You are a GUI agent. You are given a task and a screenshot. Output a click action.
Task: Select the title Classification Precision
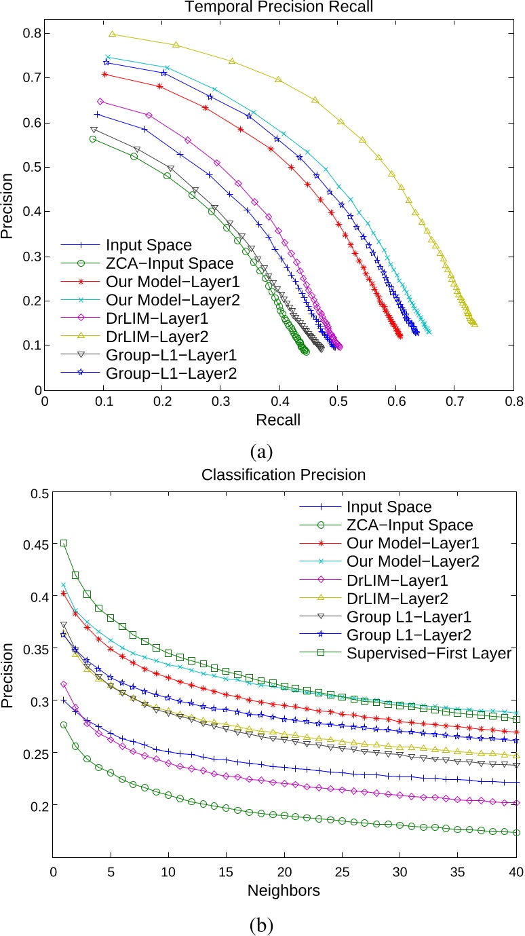point(284,475)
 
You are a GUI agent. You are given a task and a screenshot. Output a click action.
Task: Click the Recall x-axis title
point(277,420)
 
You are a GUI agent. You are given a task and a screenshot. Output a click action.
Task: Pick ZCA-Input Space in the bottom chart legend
point(409,525)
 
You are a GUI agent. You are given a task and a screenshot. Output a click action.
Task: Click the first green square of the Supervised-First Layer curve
point(64,543)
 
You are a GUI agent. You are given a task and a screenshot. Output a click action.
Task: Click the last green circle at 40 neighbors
point(516,832)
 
